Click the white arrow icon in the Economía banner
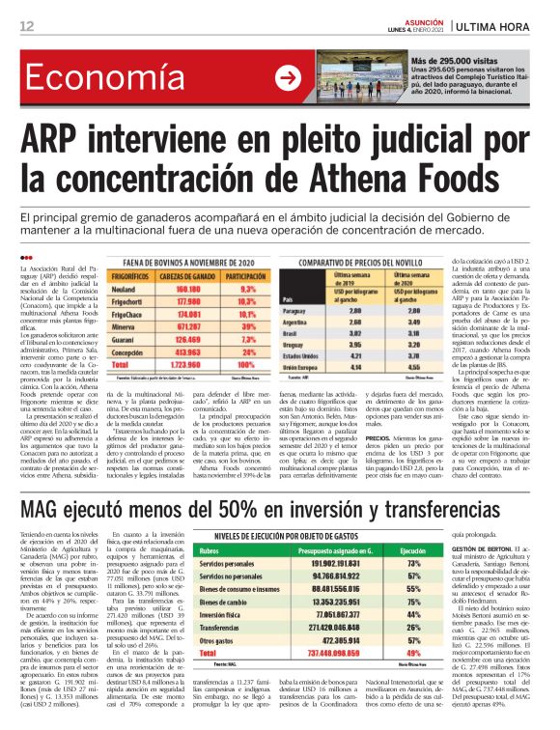[288, 78]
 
